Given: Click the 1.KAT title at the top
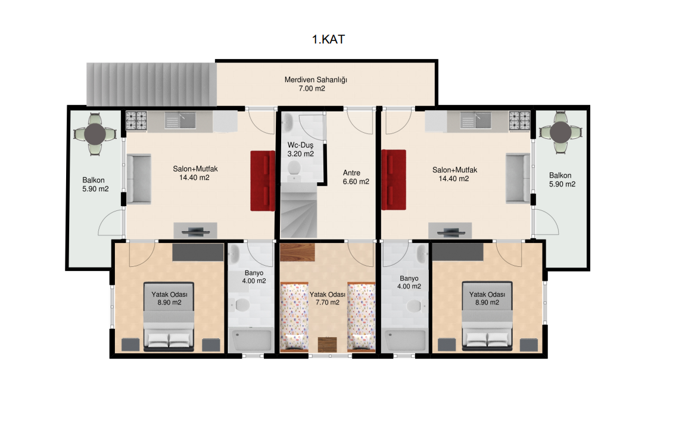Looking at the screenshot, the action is coord(328,39).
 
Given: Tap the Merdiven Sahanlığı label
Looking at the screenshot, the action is coord(316,80).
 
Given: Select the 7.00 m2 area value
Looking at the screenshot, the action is coord(312,88).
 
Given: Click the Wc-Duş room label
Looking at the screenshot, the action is coord(300,145).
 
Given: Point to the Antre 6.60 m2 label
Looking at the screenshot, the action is coord(356,177).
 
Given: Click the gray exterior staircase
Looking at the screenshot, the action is coord(151,84).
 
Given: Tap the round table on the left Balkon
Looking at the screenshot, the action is coord(95,134).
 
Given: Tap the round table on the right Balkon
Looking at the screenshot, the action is coord(560,132).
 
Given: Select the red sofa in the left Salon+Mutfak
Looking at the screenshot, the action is coord(263,181).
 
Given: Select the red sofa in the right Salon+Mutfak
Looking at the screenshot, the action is coord(394,180).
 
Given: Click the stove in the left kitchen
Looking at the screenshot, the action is coord(136,121).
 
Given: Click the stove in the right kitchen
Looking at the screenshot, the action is coord(520,121).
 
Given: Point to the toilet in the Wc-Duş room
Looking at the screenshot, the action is coord(294,170).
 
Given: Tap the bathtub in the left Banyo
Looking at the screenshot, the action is coord(251,340).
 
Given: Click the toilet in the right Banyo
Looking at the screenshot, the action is coord(415,306).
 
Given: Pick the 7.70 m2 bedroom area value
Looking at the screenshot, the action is coord(328,303).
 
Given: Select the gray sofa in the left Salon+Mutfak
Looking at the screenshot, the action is coord(139,179).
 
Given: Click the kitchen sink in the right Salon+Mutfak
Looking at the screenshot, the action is coord(477,120).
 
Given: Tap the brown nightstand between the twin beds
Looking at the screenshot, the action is coord(327,344).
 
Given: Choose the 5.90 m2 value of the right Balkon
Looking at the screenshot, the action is coord(562,184).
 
